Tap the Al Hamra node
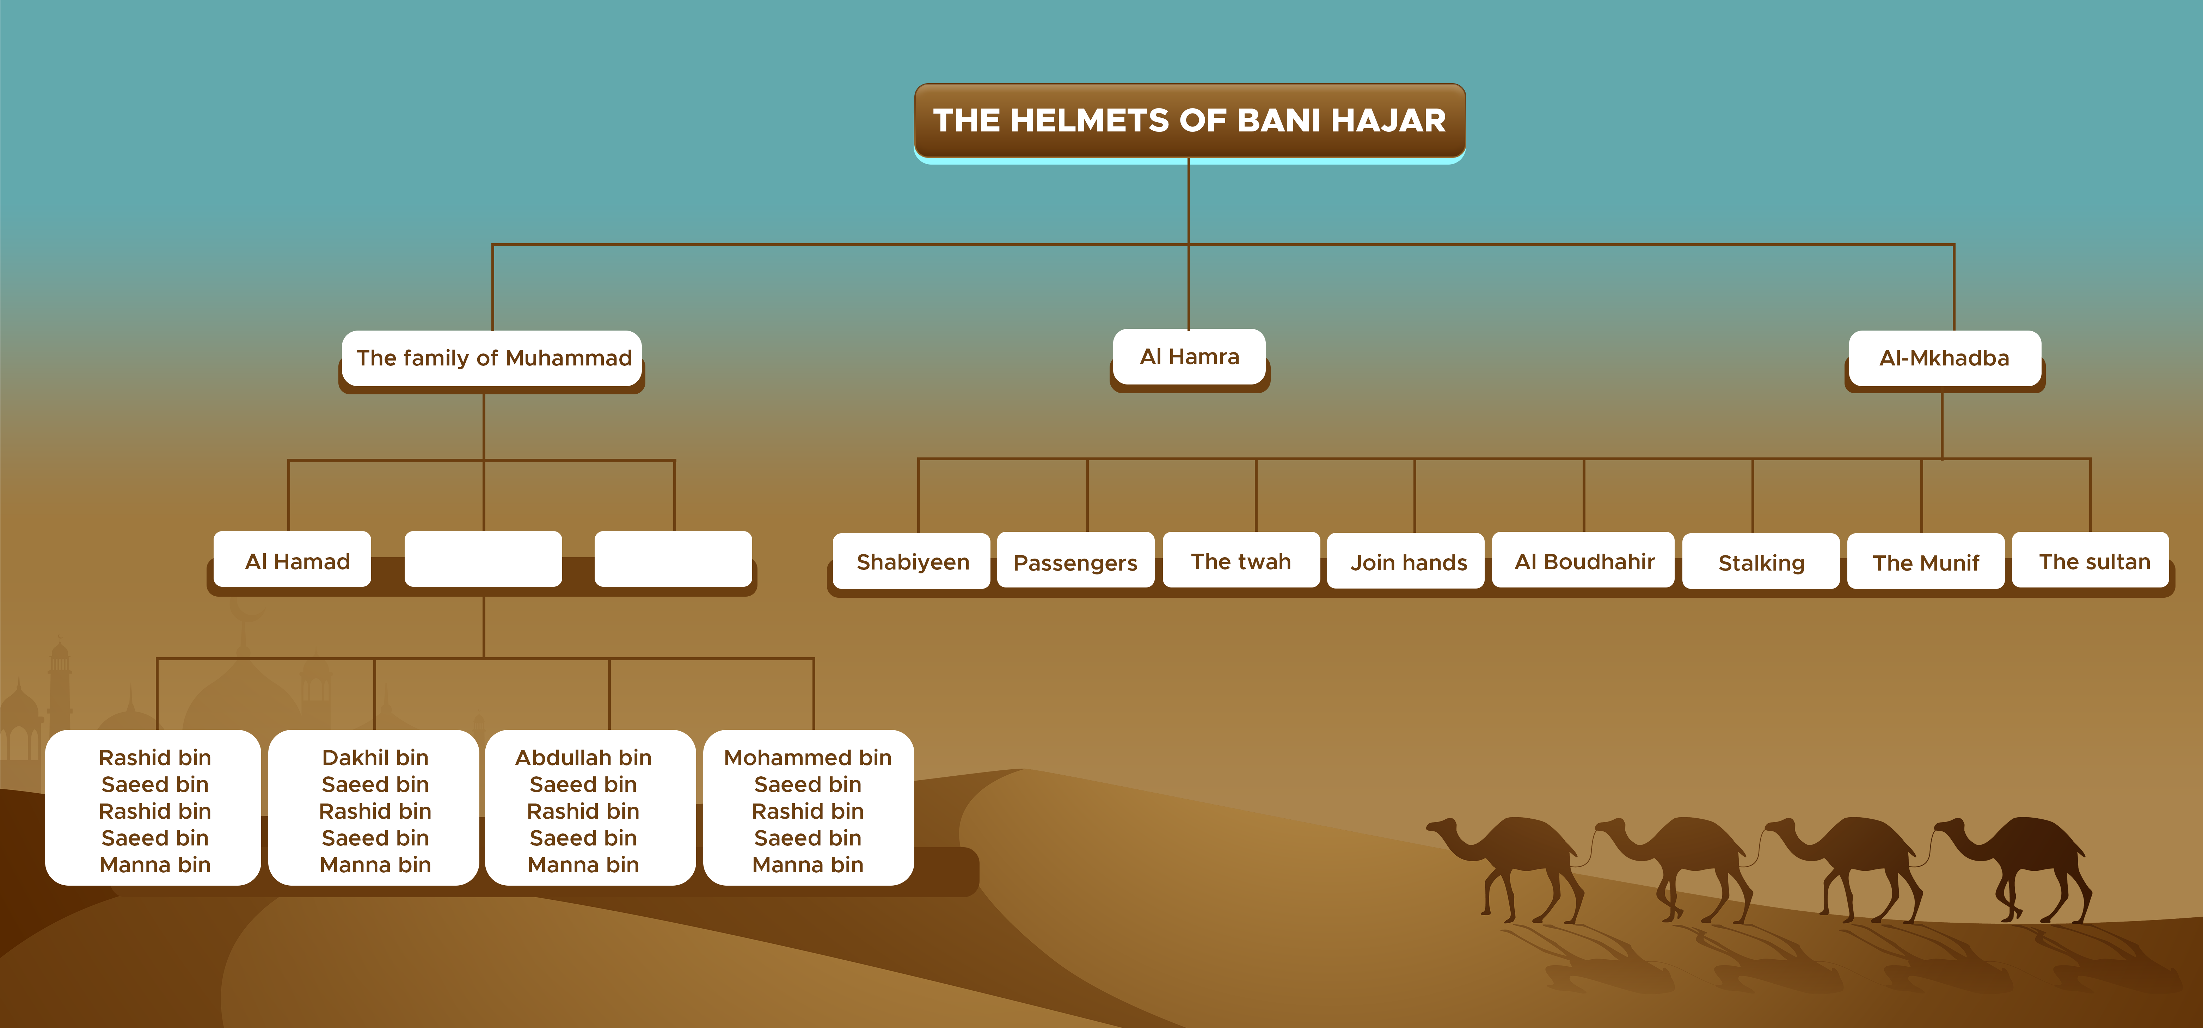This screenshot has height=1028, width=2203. [x=1189, y=357]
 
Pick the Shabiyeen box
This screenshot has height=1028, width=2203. [x=913, y=562]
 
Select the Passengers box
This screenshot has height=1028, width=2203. [x=1075, y=562]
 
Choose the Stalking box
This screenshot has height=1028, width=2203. [x=1761, y=562]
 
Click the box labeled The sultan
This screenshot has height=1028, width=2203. [x=2093, y=561]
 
